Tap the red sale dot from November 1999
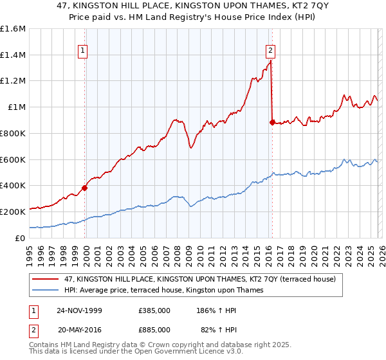pos(85,188)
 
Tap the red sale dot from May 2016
pos(272,122)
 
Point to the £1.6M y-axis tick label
pos(13,29)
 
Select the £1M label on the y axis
pos(17,107)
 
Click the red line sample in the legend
pos(46,279)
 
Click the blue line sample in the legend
pos(46,290)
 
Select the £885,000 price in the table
pos(154,329)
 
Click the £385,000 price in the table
pos(154,310)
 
